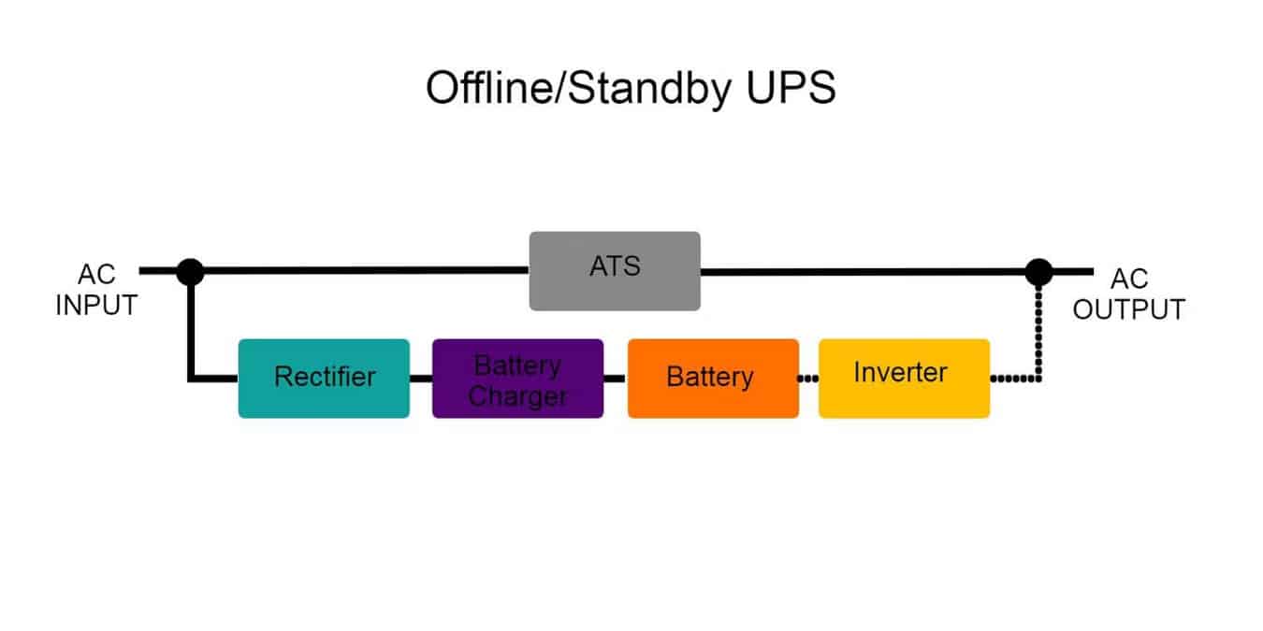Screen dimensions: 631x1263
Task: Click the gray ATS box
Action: [x=615, y=270]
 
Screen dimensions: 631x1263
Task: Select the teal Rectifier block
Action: [x=324, y=378]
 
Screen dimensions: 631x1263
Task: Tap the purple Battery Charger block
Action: [x=517, y=378]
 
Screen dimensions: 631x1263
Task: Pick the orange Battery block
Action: [x=713, y=378]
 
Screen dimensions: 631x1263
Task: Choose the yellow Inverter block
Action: [x=904, y=378]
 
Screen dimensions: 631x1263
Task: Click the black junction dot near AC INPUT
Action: [x=190, y=271]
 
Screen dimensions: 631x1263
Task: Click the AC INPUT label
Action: [x=96, y=292]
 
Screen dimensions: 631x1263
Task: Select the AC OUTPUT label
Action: [x=1128, y=294]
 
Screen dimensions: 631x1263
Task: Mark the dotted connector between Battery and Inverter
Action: [x=808, y=379]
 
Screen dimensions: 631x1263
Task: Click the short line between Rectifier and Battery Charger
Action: [x=420, y=379]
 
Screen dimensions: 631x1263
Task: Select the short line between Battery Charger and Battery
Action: [x=615, y=379]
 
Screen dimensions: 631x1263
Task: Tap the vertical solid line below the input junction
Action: [x=190, y=327]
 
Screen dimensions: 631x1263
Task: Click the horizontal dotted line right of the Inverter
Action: [x=1012, y=379]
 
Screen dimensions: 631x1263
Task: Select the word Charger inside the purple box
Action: [x=517, y=396]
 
